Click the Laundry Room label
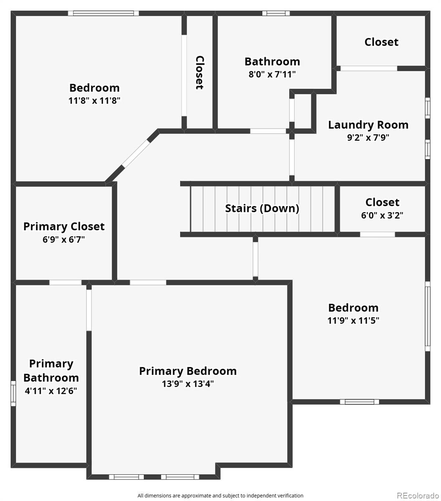coord(368,125)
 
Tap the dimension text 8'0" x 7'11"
coord(272,75)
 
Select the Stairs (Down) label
coord(262,208)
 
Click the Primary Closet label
coord(64,226)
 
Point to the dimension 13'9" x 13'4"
coord(188,384)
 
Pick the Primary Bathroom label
coord(51,371)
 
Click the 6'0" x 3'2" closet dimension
coord(382,215)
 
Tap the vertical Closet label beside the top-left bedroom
coord(200,73)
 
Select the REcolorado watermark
coord(417,496)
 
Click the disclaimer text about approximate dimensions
coord(220,496)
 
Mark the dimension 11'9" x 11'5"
coord(353,321)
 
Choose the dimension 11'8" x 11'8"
coord(94,101)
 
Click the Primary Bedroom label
coord(188,371)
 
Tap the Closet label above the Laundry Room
coord(381,42)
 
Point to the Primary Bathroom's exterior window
coord(13,393)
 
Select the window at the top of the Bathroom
coord(276,13)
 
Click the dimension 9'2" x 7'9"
coord(368,138)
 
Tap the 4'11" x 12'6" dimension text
coord(51,391)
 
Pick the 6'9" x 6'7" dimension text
coord(64,240)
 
